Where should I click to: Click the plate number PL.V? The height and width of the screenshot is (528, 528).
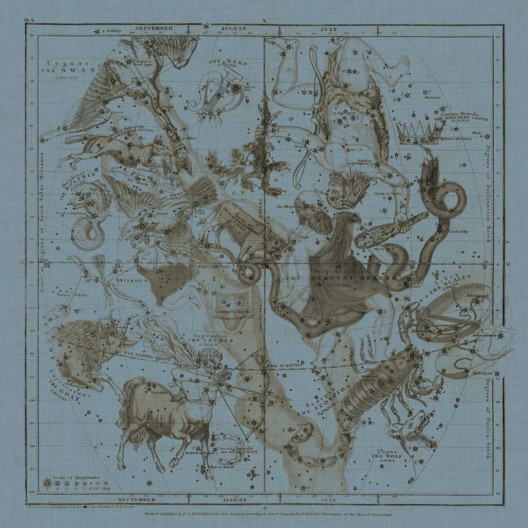29,22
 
